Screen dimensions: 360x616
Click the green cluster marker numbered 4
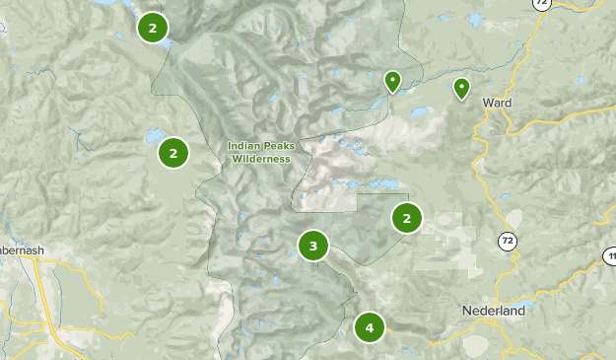tap(370, 326)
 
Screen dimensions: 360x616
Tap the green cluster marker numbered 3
tap(312, 246)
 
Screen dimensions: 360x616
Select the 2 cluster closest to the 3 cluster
tap(406, 218)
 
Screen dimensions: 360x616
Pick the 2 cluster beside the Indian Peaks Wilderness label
tap(173, 153)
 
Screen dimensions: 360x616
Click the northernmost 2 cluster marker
tap(152, 28)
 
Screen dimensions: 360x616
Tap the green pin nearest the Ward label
tap(461, 89)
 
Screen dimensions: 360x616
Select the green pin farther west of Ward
tap(392, 81)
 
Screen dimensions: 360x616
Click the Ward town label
tap(496, 102)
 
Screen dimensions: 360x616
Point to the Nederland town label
tap(493, 310)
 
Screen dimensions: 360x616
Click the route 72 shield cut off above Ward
tap(540, 3)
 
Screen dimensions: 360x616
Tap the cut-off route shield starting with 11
tap(609, 255)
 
